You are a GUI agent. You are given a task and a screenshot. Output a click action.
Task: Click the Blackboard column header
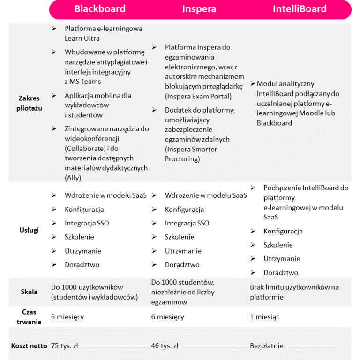tap(100, 9)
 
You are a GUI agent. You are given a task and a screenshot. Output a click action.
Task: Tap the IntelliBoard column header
tap(300, 9)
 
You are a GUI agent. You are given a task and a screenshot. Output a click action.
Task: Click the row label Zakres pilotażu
tap(29, 103)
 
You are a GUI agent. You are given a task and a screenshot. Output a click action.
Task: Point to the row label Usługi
tap(29, 230)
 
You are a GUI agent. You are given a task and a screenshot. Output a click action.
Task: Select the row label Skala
tap(29, 292)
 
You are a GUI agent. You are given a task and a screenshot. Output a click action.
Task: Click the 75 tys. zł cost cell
tap(65, 346)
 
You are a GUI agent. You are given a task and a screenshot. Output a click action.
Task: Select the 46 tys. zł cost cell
tap(165, 346)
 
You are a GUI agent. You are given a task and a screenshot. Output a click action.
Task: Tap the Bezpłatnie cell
tap(267, 346)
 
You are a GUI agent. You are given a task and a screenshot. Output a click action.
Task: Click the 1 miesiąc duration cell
tap(264, 317)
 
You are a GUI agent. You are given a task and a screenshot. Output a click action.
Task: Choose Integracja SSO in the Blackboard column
tap(87, 223)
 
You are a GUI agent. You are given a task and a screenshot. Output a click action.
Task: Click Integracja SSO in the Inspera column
tap(187, 223)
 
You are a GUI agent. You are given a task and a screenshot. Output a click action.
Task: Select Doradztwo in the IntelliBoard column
tap(281, 272)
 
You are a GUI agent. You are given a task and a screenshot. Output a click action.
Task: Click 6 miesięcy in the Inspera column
tap(167, 317)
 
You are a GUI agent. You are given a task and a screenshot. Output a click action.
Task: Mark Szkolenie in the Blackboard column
tap(79, 237)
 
